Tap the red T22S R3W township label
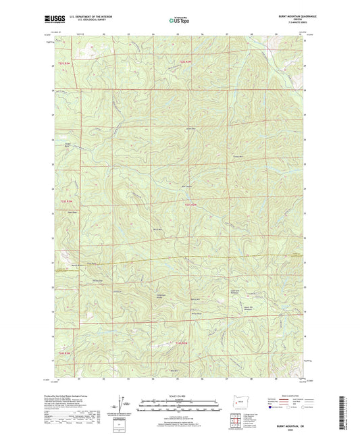pyautogui.click(x=63, y=63)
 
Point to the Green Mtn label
pyautogui.click(x=190, y=129)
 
